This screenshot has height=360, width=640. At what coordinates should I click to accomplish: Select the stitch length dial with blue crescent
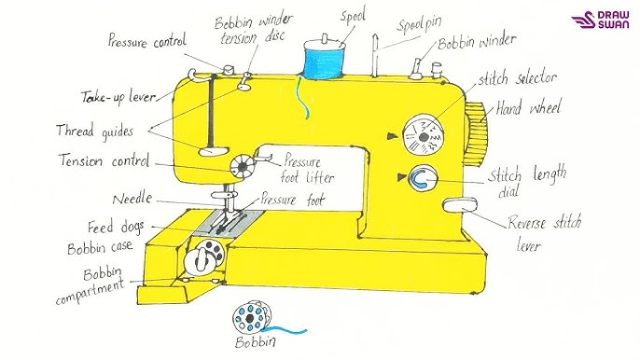(423, 178)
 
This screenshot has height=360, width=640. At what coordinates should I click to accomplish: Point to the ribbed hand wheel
(475, 134)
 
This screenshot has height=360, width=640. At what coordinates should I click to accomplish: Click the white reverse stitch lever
(461, 205)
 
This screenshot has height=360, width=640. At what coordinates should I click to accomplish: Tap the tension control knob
(243, 166)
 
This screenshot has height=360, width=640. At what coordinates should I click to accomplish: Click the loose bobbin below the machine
(252, 317)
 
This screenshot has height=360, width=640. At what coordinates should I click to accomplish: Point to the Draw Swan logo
(600, 20)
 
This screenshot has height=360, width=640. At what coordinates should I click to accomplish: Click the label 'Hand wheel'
(529, 108)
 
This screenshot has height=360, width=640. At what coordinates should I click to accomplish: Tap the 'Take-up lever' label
(118, 97)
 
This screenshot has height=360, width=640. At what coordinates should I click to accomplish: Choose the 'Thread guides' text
(95, 131)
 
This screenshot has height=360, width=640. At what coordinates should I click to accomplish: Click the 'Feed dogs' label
(116, 227)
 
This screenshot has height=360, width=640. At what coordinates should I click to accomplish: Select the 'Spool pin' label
(420, 24)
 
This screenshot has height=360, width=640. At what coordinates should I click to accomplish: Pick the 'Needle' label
(132, 199)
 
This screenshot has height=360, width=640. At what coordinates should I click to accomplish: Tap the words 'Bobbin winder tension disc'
(253, 30)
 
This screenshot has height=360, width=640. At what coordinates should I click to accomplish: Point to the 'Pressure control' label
(147, 41)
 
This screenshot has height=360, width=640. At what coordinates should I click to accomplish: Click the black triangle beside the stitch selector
(393, 136)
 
